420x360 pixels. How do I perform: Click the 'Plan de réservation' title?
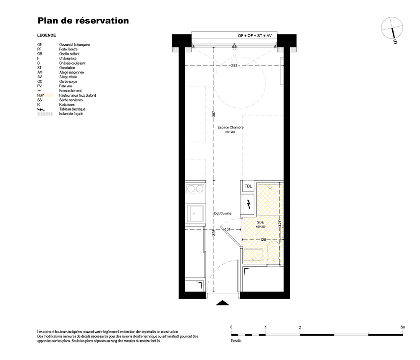click(x=83, y=21)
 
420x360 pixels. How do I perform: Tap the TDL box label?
click(x=248, y=186)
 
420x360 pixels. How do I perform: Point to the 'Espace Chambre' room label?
click(x=230, y=128)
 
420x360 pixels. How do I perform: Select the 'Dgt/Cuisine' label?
click(x=223, y=213)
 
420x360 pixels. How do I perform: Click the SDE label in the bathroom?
click(x=260, y=222)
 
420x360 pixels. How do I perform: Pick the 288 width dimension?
click(x=234, y=66)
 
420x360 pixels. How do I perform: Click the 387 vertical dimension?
click(x=214, y=114)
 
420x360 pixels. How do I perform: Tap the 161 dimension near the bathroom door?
click(x=227, y=229)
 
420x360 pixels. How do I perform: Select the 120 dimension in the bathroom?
click(x=263, y=240)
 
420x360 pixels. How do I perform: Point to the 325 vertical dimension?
click(x=214, y=232)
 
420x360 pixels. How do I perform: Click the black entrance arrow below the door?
click(x=223, y=303)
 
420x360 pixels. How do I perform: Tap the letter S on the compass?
click(x=395, y=42)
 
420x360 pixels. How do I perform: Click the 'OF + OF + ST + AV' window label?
click(x=255, y=36)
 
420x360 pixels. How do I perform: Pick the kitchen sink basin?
click(x=195, y=213)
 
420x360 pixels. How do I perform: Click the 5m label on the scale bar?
click(x=403, y=327)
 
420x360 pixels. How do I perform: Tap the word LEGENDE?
click(x=47, y=35)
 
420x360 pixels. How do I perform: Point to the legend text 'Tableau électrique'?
click(x=72, y=109)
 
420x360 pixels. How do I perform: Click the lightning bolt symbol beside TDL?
click(x=249, y=205)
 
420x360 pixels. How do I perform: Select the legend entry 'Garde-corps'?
click(x=68, y=81)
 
